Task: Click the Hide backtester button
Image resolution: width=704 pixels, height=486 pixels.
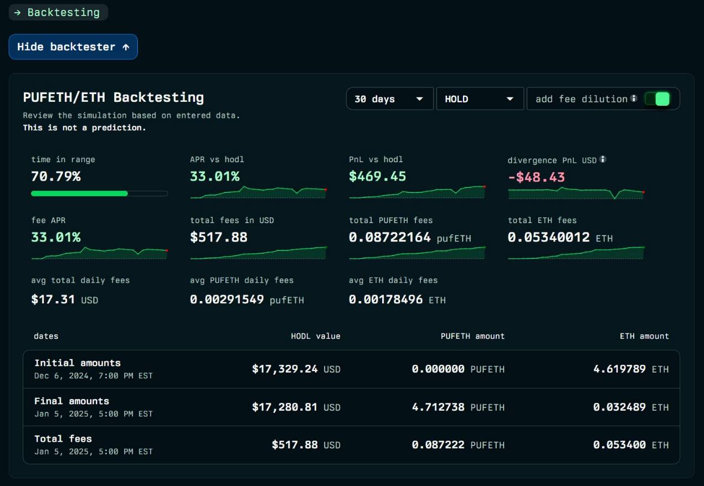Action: click(x=73, y=47)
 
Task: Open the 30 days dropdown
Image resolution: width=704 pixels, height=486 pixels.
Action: click(x=389, y=99)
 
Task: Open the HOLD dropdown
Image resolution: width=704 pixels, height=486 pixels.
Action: click(x=480, y=99)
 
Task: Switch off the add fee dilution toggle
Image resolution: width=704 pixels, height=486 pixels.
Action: click(x=661, y=99)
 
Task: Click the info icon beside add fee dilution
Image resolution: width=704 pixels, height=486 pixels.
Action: click(x=634, y=99)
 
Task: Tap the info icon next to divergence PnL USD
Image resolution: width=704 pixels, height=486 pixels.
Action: click(x=603, y=159)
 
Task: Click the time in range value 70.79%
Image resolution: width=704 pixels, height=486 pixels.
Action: click(x=56, y=177)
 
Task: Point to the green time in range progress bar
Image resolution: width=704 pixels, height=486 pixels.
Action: click(x=80, y=194)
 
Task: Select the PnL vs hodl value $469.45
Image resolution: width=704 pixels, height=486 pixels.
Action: click(x=377, y=177)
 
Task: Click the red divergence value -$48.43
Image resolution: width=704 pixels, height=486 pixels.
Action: click(x=536, y=177)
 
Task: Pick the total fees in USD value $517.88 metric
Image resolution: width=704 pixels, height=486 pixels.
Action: click(x=219, y=237)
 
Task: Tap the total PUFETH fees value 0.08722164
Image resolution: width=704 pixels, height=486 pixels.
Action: click(x=389, y=237)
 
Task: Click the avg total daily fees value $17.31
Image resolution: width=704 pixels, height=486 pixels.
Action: click(x=53, y=300)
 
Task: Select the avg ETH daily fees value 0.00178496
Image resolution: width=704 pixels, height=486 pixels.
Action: click(x=386, y=300)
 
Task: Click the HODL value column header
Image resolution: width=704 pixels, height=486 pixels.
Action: click(x=316, y=336)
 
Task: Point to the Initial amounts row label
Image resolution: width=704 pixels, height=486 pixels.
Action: click(x=78, y=363)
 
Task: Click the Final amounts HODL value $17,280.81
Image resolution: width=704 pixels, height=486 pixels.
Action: click(x=285, y=407)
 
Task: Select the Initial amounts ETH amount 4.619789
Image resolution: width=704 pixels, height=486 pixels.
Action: click(x=619, y=369)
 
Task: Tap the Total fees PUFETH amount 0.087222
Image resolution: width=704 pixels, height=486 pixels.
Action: click(x=438, y=445)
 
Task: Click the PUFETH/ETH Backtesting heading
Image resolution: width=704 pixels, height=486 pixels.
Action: click(x=114, y=97)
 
